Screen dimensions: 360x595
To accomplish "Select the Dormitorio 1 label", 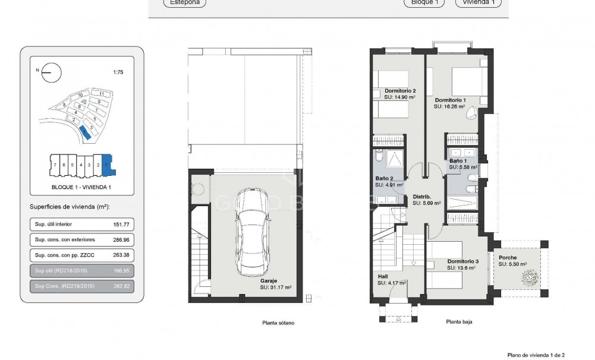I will coord(449,100).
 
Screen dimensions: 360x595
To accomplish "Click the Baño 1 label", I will coord(458,161).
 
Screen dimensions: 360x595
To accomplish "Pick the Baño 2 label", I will coord(383,178).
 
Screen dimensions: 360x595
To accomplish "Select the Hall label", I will coord(383,276).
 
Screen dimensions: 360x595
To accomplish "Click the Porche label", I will coord(508,258).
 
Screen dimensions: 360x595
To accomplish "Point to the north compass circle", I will coord(51,72).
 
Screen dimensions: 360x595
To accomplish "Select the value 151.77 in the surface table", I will coord(121,225).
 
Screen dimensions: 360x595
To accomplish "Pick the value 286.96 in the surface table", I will coord(121,240).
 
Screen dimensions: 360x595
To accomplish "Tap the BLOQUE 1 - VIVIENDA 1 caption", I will coord(82,187).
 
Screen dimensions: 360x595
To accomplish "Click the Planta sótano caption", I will coord(278,323).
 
